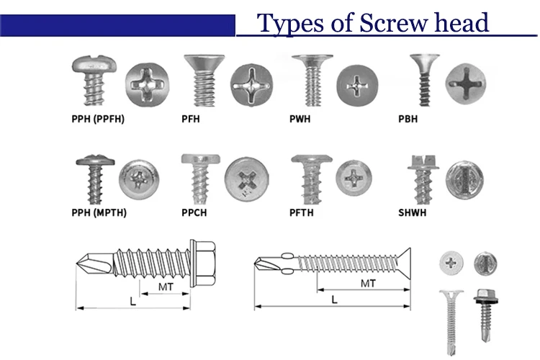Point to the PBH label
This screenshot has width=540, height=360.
(407, 119)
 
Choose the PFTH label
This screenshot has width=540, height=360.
(302, 212)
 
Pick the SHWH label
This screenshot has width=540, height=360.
(412, 212)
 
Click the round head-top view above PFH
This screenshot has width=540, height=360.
(252, 81)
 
